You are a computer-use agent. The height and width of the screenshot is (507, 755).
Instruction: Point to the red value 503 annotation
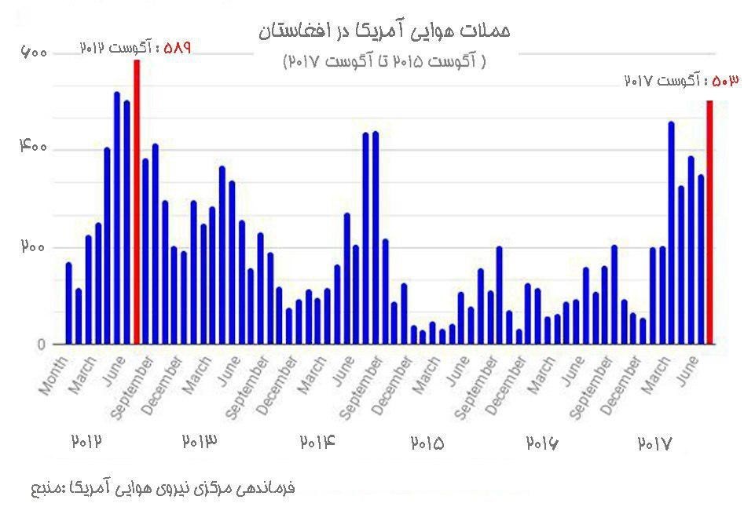point(723,81)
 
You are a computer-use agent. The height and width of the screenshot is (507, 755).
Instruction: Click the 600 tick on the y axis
point(35,53)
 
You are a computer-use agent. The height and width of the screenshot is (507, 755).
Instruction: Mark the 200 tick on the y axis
point(35,246)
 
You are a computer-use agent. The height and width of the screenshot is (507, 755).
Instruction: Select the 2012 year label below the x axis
point(88,442)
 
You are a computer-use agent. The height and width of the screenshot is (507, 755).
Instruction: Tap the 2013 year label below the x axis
point(200,442)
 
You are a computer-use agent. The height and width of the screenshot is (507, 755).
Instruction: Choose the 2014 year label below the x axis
point(317,442)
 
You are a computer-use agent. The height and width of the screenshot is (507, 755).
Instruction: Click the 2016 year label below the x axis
point(542,443)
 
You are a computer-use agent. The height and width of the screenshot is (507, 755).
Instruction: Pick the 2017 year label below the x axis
point(654,443)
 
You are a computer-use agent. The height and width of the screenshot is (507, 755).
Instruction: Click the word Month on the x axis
point(53,378)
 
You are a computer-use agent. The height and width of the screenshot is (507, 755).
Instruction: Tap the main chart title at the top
point(383,31)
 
